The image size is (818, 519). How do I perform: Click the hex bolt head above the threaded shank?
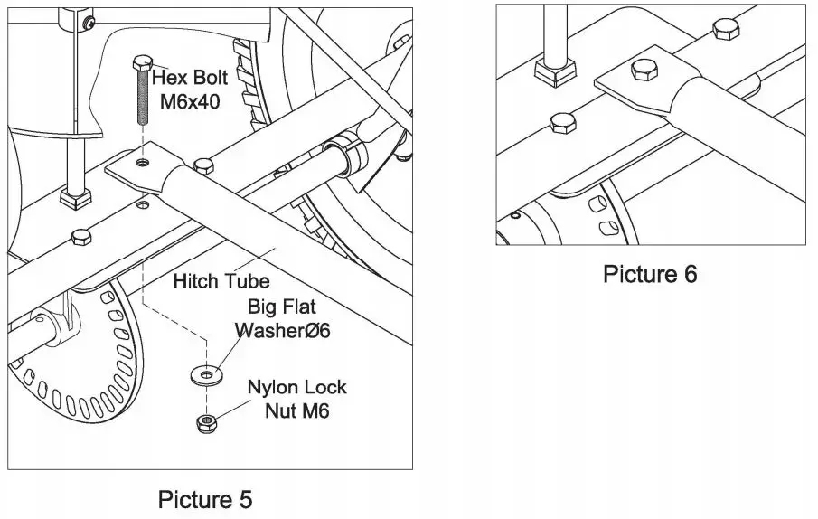(141, 63)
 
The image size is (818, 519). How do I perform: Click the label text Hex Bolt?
(190, 77)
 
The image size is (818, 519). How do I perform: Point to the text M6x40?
(190, 101)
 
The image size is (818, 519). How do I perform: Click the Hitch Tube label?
(221, 281)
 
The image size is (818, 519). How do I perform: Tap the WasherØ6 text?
(283, 331)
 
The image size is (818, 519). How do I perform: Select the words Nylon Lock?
(297, 387)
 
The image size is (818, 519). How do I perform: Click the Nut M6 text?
(296, 411)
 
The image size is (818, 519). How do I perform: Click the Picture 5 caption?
(205, 498)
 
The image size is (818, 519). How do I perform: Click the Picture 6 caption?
(650, 273)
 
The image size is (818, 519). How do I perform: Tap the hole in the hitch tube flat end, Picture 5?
(142, 164)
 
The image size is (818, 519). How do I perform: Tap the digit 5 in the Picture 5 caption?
(244, 498)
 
